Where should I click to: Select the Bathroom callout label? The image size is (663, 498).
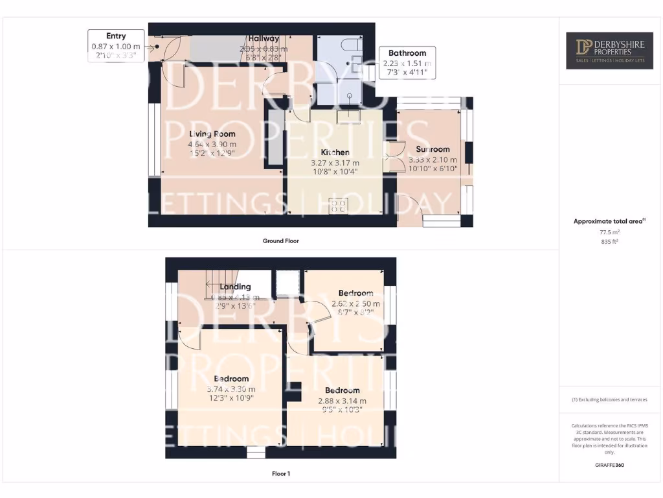tap(407, 63)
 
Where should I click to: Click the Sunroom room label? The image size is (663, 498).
tap(433, 149)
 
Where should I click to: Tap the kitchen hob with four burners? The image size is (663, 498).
tap(339, 206)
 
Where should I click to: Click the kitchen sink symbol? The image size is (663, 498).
tap(349, 115)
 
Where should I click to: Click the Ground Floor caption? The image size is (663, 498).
tap(280, 241)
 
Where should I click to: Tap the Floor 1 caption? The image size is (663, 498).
tap(280, 474)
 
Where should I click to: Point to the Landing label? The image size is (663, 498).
tap(235, 287)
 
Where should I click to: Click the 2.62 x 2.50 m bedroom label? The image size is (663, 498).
tap(355, 293)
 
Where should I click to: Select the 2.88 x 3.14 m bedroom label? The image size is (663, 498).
tap(342, 390)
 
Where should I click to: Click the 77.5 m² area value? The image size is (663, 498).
tap(609, 231)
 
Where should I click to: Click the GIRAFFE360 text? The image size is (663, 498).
tap(609, 465)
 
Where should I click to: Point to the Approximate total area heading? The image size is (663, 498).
tap(609, 221)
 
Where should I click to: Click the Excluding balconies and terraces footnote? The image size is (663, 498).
tap(609, 399)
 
